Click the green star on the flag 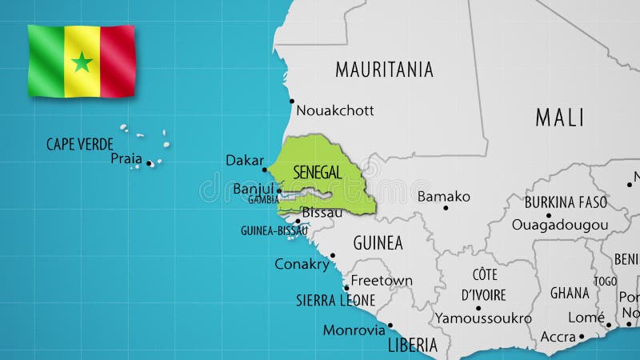coord(82,62)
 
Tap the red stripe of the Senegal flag coord(116,61)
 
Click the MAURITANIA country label coord(384,69)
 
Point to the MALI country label coord(559,118)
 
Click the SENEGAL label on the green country coord(318,172)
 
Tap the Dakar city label coord(244,160)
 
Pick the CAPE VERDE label coord(80,144)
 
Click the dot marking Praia coord(150,163)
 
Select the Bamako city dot coord(446,208)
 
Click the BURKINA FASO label coord(566,202)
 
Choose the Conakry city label coord(302,263)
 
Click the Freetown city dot coord(347,287)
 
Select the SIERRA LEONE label coord(335,300)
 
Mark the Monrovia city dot coord(390,326)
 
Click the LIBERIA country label coord(412,345)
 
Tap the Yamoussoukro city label coord(483,318)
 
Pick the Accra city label coord(558,336)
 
